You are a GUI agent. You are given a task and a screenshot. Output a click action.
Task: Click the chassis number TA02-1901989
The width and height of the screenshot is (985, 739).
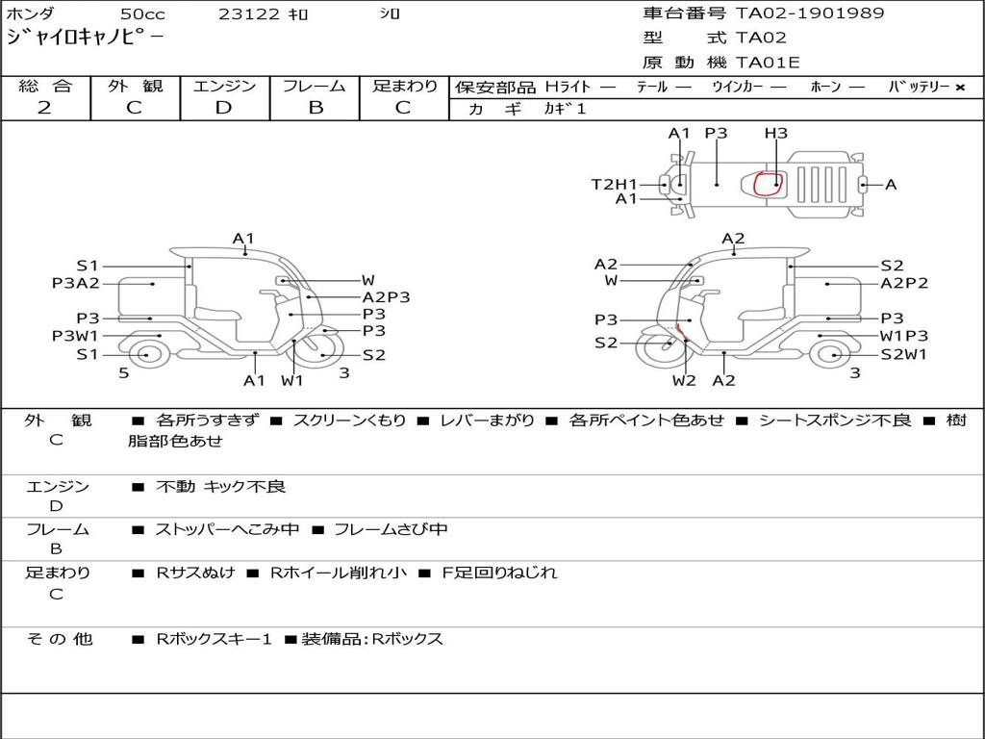(x=810, y=13)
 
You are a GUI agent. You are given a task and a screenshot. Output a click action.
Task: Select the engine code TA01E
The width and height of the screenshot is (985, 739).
(x=768, y=63)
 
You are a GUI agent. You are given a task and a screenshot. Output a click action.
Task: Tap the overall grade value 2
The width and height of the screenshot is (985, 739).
(x=44, y=108)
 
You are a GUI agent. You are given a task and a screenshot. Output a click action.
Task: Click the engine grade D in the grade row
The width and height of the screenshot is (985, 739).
(x=223, y=108)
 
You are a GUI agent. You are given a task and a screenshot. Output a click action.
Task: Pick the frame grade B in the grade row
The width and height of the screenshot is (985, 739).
(x=316, y=108)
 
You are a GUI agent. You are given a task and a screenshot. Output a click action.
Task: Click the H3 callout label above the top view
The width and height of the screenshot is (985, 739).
(x=776, y=133)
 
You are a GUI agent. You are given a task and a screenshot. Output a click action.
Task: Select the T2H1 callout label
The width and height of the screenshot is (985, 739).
(x=614, y=184)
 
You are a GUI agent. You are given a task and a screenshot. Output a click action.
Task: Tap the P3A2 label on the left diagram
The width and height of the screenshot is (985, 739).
(x=75, y=284)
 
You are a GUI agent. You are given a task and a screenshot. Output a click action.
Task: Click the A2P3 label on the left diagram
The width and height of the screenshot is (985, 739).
(x=386, y=297)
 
